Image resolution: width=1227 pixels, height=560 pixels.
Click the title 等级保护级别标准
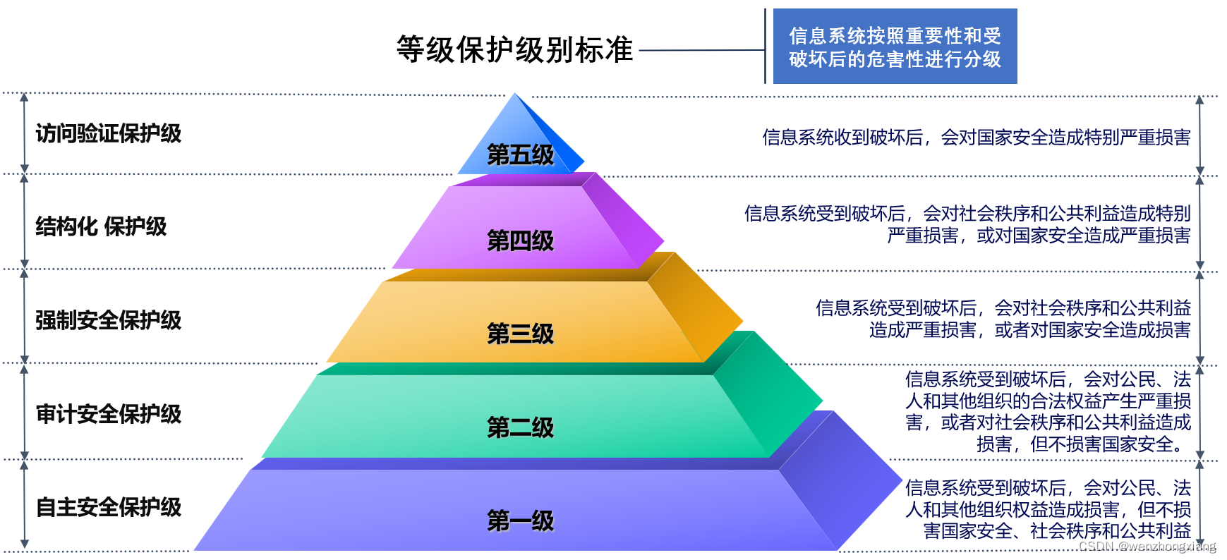pyautogui.click(x=514, y=50)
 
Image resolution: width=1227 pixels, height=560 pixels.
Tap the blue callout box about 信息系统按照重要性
pyautogui.click(x=895, y=47)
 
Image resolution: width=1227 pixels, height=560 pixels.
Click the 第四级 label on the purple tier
pyautogui.click(x=521, y=241)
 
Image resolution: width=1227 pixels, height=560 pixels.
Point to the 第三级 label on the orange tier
pyautogui.click(x=521, y=334)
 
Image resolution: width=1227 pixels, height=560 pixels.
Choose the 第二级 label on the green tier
pyautogui.click(x=521, y=428)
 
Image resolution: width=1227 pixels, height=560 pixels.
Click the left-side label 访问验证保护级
pyautogui.click(x=109, y=133)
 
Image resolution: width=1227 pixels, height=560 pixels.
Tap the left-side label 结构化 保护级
pyautogui.click(x=102, y=227)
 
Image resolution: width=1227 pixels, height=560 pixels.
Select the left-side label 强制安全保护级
pyautogui.click(x=109, y=320)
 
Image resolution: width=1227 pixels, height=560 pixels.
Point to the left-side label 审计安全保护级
pyautogui.click(x=109, y=414)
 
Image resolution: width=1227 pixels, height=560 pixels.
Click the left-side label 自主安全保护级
pyautogui.click(x=109, y=507)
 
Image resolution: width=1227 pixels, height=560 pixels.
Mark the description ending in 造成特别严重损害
pyautogui.click(x=976, y=138)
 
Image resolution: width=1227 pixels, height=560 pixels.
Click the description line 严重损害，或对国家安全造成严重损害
pyautogui.click(x=1039, y=236)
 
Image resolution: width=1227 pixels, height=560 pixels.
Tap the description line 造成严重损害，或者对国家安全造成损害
pyautogui.click(x=1029, y=330)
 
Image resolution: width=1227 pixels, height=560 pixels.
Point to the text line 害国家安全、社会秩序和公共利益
pyautogui.click(x=1057, y=531)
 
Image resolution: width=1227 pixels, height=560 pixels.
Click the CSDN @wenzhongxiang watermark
pyautogui.click(x=1147, y=547)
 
